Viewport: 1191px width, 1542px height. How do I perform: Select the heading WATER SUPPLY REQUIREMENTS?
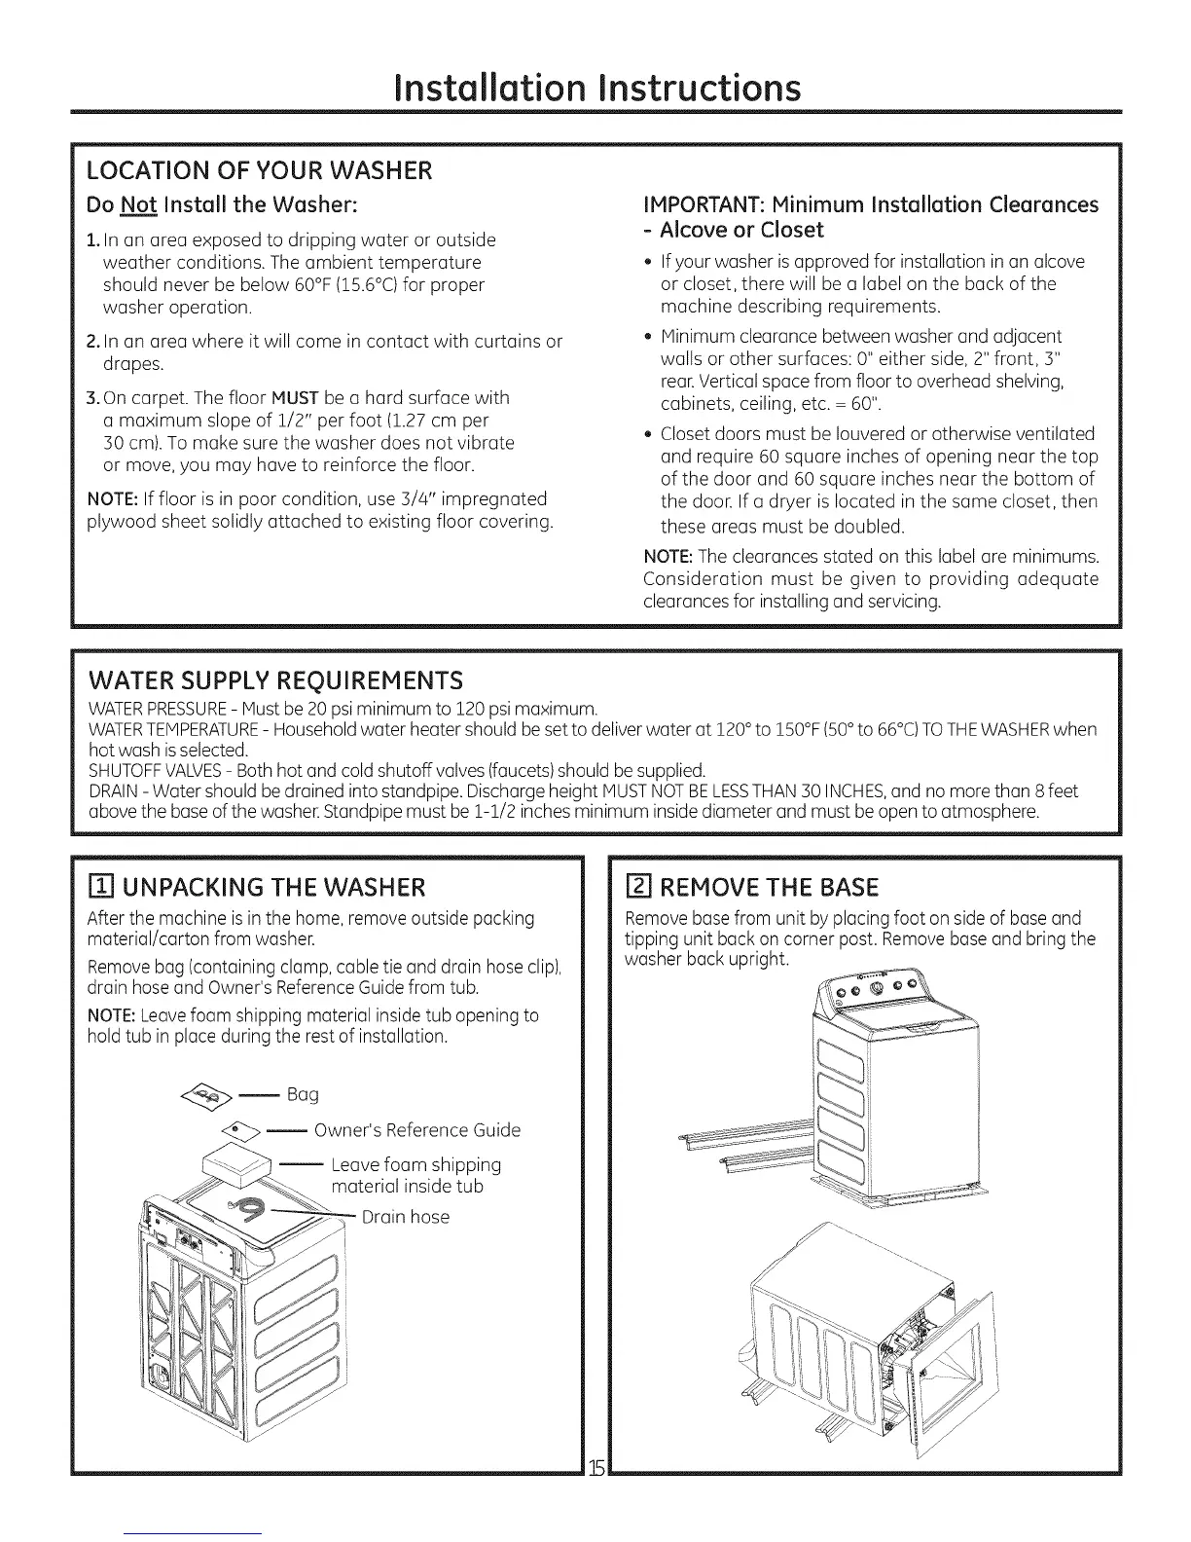coord(275,678)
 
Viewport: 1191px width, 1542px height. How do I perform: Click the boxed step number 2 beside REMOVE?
coord(639,887)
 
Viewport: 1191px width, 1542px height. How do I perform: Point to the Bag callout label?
coord(303,1094)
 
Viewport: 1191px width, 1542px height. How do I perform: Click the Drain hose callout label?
coord(405,1217)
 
